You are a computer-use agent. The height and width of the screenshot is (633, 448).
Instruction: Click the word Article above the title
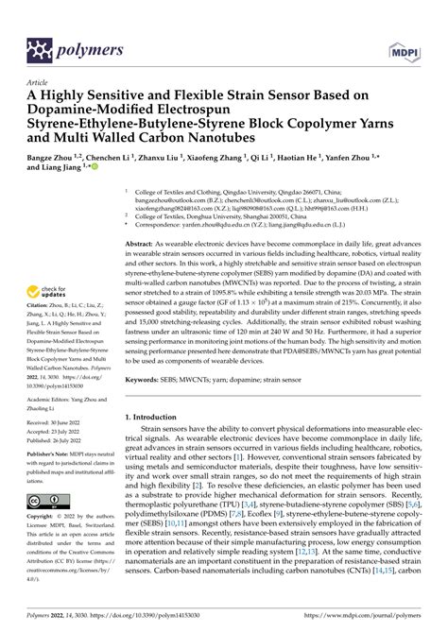pyautogui.click(x=41, y=81)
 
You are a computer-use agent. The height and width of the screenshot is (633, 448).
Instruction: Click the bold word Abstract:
pyautogui.click(x=144, y=244)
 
